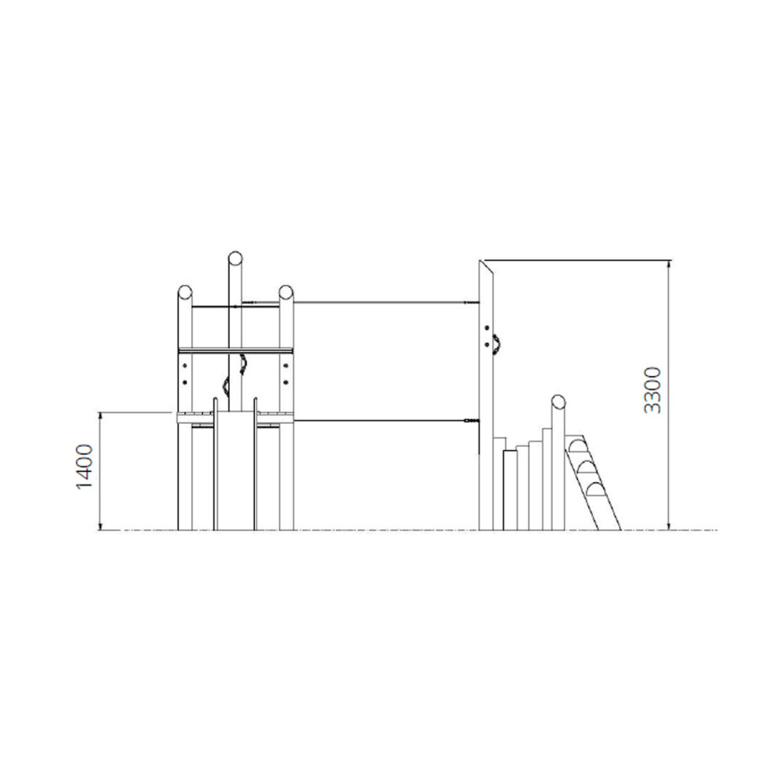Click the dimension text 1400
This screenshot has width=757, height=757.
click(84, 467)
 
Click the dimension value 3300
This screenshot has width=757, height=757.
click(653, 390)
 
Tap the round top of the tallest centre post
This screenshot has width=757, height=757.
click(236, 258)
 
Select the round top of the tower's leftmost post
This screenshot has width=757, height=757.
click(185, 293)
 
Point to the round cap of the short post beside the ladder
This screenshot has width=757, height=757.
click(558, 402)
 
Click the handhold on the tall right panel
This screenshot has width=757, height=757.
click(496, 344)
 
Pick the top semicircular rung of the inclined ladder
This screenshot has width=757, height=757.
click(576, 446)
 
